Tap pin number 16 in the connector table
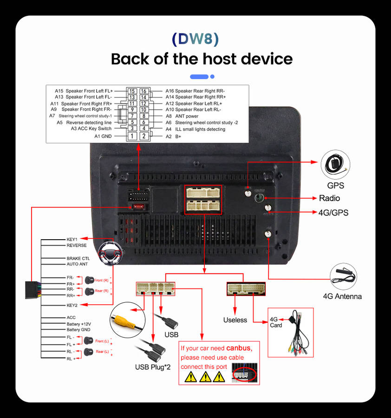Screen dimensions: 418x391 (x=144, y=91)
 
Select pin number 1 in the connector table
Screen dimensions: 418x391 (x=132, y=136)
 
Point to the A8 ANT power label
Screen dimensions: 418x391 (x=182, y=116)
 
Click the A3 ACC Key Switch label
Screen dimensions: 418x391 (x=91, y=129)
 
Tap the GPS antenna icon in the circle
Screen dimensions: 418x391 (x=335, y=166)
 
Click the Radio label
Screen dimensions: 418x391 (x=329, y=198)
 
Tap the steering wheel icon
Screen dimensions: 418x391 (x=111, y=253)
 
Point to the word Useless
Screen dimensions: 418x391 (x=235, y=320)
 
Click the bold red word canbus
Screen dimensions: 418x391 (x=239, y=348)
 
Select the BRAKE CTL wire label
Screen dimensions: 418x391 (x=78, y=258)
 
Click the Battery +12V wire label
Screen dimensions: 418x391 (x=78, y=324)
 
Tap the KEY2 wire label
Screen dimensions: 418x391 (x=72, y=305)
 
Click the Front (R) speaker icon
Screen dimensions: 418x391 (x=89, y=280)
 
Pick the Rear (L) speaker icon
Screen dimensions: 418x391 (x=89, y=352)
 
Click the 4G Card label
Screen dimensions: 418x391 (x=276, y=322)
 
